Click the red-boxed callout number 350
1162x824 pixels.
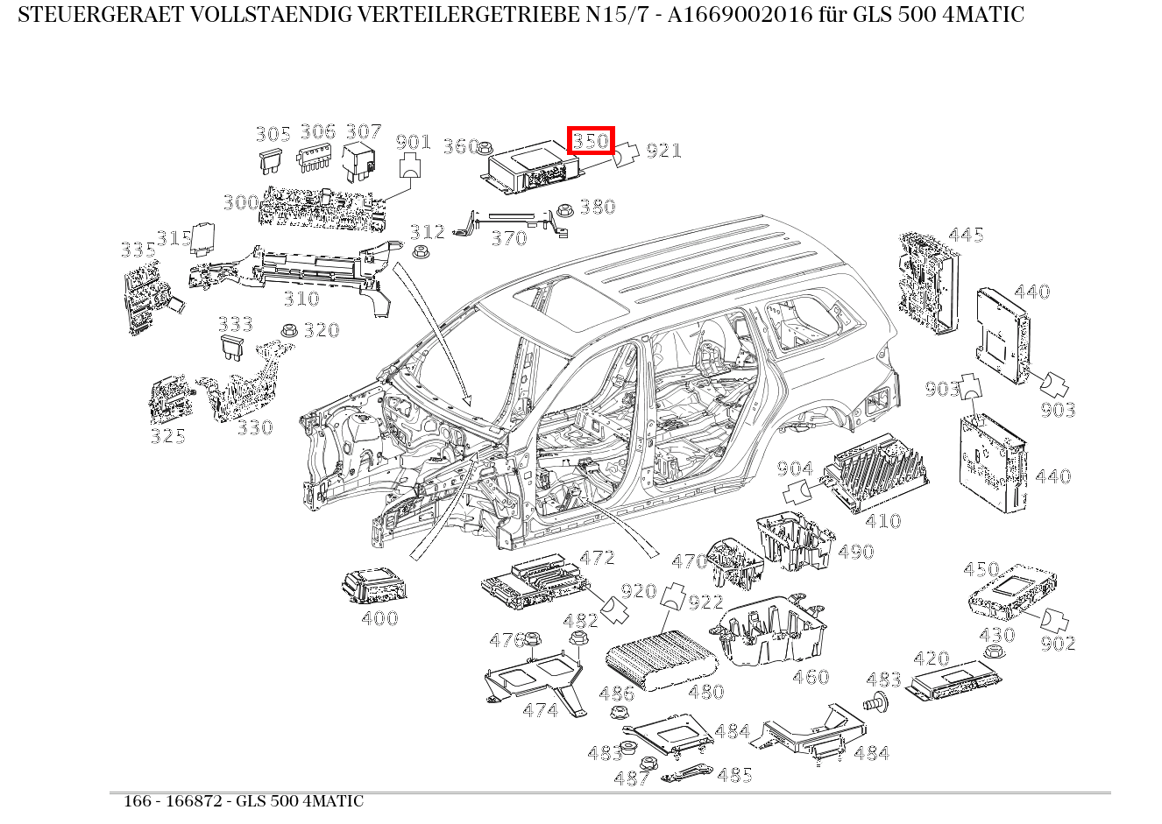(591, 140)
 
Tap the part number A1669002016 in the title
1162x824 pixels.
(742, 15)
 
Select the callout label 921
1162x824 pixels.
(663, 151)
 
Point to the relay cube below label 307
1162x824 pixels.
(359, 159)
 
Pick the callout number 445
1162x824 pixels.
(966, 235)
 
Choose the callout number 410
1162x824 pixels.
(882, 521)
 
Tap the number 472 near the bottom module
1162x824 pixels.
(598, 558)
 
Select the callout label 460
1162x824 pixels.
(811, 677)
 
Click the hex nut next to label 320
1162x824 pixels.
(287, 331)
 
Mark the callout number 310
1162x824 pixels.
(301, 299)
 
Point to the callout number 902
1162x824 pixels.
(1058, 644)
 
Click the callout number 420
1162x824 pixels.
(931, 658)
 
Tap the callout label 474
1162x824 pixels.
(540, 710)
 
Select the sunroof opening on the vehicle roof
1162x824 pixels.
(570, 302)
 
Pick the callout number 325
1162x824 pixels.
(167, 436)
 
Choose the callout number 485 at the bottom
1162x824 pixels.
(734, 775)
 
